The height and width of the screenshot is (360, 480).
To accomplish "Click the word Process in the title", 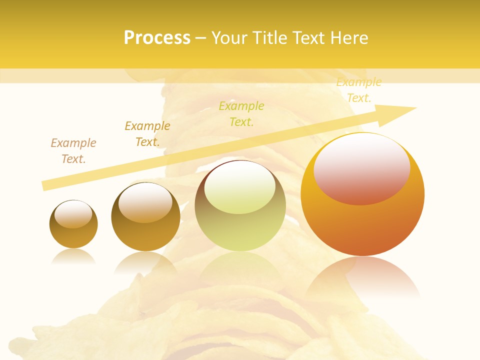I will pos(157,37).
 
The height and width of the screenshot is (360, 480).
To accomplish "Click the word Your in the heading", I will pos(231,37).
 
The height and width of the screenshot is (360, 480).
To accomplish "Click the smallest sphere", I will pos(73,224).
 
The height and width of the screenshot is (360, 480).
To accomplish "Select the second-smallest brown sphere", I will pos(145,217).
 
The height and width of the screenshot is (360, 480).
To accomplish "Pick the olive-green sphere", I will pos(240,206).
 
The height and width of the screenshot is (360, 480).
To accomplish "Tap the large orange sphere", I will pos(362,195).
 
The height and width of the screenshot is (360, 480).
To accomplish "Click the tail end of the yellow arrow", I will pos(44,185).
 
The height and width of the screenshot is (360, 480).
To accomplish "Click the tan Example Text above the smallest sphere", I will pos(73,150).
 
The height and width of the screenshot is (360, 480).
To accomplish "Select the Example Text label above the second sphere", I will pos(147,133).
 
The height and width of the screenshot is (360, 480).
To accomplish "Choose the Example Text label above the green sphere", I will pos(241,113).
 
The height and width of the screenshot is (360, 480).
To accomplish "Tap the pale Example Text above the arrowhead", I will pos(358,90).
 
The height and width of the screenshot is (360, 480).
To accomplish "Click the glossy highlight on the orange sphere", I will pos(361,167).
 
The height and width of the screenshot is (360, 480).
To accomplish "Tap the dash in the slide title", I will pos(201,38).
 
